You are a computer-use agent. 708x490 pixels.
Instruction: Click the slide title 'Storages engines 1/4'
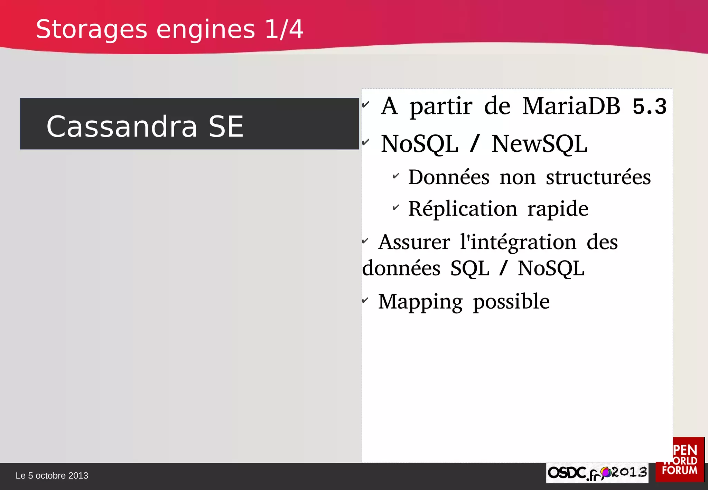point(169,29)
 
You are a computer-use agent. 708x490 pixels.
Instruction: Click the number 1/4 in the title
point(284,29)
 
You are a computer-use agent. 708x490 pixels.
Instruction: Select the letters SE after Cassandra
point(226,126)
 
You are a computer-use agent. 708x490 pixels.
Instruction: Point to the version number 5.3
point(649,106)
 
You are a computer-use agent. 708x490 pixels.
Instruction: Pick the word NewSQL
point(539,144)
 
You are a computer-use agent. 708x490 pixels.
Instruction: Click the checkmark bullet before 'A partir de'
point(366,104)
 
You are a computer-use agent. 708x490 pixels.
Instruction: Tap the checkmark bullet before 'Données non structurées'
point(396,176)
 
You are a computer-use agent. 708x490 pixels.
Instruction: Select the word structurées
point(598,177)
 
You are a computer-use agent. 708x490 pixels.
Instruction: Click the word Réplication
point(463,209)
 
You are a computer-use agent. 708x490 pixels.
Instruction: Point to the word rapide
point(558,209)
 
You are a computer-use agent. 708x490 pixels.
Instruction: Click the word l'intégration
point(518,242)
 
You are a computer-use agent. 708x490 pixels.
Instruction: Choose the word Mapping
point(420,302)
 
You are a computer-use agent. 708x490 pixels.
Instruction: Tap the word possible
point(511,302)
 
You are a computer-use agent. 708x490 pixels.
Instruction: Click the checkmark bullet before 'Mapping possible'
point(365,300)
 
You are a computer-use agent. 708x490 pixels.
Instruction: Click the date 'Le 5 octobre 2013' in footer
point(52,476)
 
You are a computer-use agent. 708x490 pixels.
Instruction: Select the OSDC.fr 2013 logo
point(597,473)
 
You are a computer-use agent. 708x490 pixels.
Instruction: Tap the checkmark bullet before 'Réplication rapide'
point(396,208)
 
